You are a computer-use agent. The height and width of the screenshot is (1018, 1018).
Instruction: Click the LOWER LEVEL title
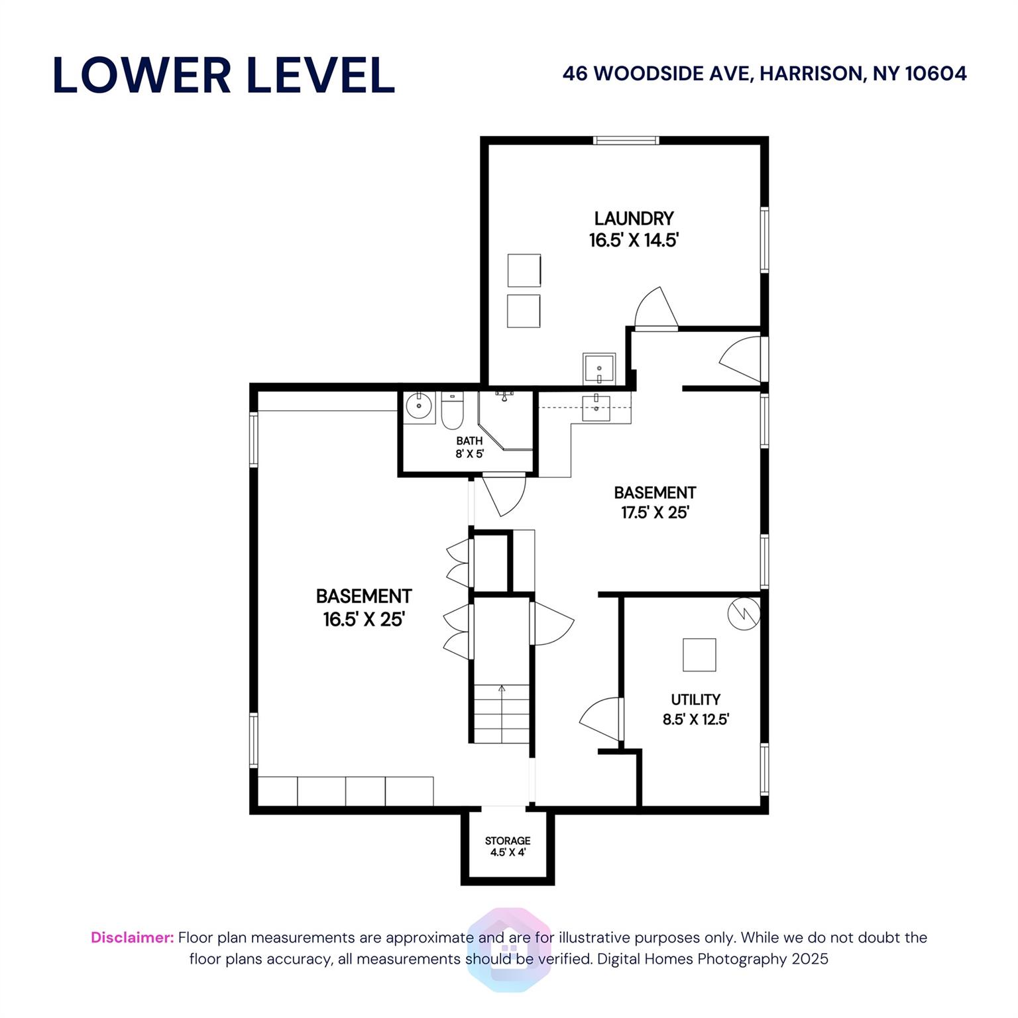click(223, 75)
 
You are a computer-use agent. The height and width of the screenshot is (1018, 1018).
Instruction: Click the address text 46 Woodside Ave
click(764, 74)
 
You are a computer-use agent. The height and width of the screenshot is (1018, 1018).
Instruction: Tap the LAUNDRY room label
click(634, 218)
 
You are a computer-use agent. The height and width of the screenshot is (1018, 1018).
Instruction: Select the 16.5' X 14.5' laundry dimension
click(634, 240)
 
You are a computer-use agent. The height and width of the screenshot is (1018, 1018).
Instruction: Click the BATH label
click(469, 441)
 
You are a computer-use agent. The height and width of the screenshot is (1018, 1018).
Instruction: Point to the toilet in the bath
click(452, 412)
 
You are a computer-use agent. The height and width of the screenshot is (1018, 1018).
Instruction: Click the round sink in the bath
click(418, 405)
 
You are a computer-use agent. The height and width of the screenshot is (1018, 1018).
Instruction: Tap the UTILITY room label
click(695, 699)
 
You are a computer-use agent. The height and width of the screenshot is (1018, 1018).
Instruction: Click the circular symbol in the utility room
click(743, 614)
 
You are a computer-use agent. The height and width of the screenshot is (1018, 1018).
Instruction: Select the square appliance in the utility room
click(699, 655)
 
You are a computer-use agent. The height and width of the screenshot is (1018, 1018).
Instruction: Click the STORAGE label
click(508, 840)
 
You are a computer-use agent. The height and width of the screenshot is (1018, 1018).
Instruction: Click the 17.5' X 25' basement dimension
click(655, 512)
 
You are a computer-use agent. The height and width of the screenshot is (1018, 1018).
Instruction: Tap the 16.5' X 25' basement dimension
click(364, 619)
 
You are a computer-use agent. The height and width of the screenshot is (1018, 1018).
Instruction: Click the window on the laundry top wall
click(626, 141)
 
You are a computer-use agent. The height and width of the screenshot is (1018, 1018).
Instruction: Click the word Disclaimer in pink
click(132, 937)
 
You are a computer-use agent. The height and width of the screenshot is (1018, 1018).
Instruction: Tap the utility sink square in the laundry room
click(599, 368)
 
